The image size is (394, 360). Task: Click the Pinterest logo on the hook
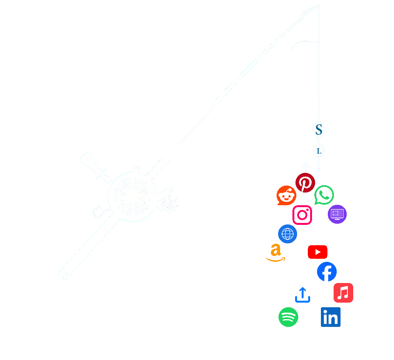(x=305, y=183)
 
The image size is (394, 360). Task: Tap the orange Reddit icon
(x=286, y=196)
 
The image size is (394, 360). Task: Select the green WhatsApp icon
(x=324, y=195)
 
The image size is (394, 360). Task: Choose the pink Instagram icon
(x=302, y=215)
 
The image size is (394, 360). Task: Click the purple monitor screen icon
(x=337, y=214)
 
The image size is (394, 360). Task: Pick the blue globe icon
(x=287, y=234)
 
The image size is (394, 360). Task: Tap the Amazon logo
(x=275, y=253)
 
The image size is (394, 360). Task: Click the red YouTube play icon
(x=317, y=252)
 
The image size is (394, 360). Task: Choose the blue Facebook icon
(x=327, y=272)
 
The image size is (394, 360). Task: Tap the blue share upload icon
(x=302, y=295)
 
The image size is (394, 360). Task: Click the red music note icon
(x=343, y=293)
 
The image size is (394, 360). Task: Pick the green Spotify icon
(x=288, y=317)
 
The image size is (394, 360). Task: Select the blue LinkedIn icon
(x=331, y=317)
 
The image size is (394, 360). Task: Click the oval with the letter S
(x=319, y=130)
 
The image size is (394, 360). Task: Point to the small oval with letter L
(x=319, y=151)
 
